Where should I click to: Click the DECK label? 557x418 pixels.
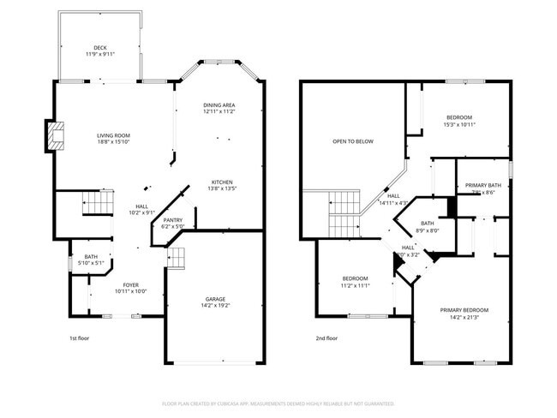click(99, 47)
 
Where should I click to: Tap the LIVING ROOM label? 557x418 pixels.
click(112, 135)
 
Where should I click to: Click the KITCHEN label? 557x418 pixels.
click(223, 182)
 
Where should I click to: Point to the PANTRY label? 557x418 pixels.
click(173, 220)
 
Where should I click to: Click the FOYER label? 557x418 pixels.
click(130, 284)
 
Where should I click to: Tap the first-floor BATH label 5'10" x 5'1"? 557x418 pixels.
click(90, 257)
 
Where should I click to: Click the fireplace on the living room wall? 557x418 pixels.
click(55, 136)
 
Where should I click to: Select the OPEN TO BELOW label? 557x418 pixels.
click(352, 141)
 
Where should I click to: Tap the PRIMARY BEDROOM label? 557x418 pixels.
click(464, 309)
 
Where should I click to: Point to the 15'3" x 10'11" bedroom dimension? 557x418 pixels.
click(458, 124)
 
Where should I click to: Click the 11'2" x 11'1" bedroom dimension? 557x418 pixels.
click(355, 285)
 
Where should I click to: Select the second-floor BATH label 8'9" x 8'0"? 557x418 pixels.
click(427, 230)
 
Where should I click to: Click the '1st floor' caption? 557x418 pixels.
click(79, 338)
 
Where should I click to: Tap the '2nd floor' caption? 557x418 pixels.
click(326, 338)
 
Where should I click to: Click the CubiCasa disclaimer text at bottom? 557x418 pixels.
click(278, 403)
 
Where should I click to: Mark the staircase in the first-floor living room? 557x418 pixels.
click(97, 204)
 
